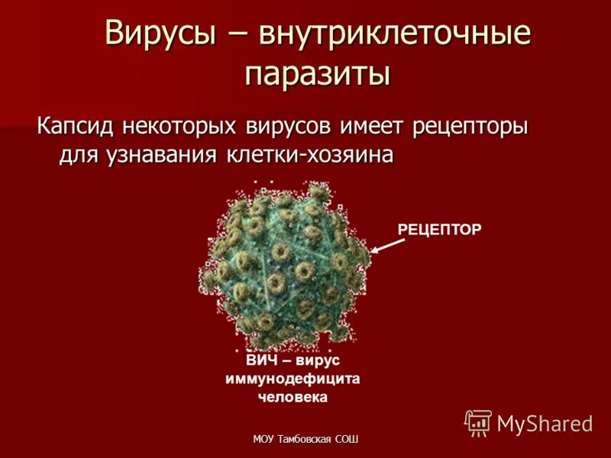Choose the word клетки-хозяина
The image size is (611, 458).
[310, 153]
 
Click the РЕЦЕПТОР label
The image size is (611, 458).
[440, 228]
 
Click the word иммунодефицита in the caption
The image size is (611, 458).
[293, 379]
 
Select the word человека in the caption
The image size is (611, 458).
[293, 397]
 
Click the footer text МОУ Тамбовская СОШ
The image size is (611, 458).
[305, 439]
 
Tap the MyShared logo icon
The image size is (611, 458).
[479, 423]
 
